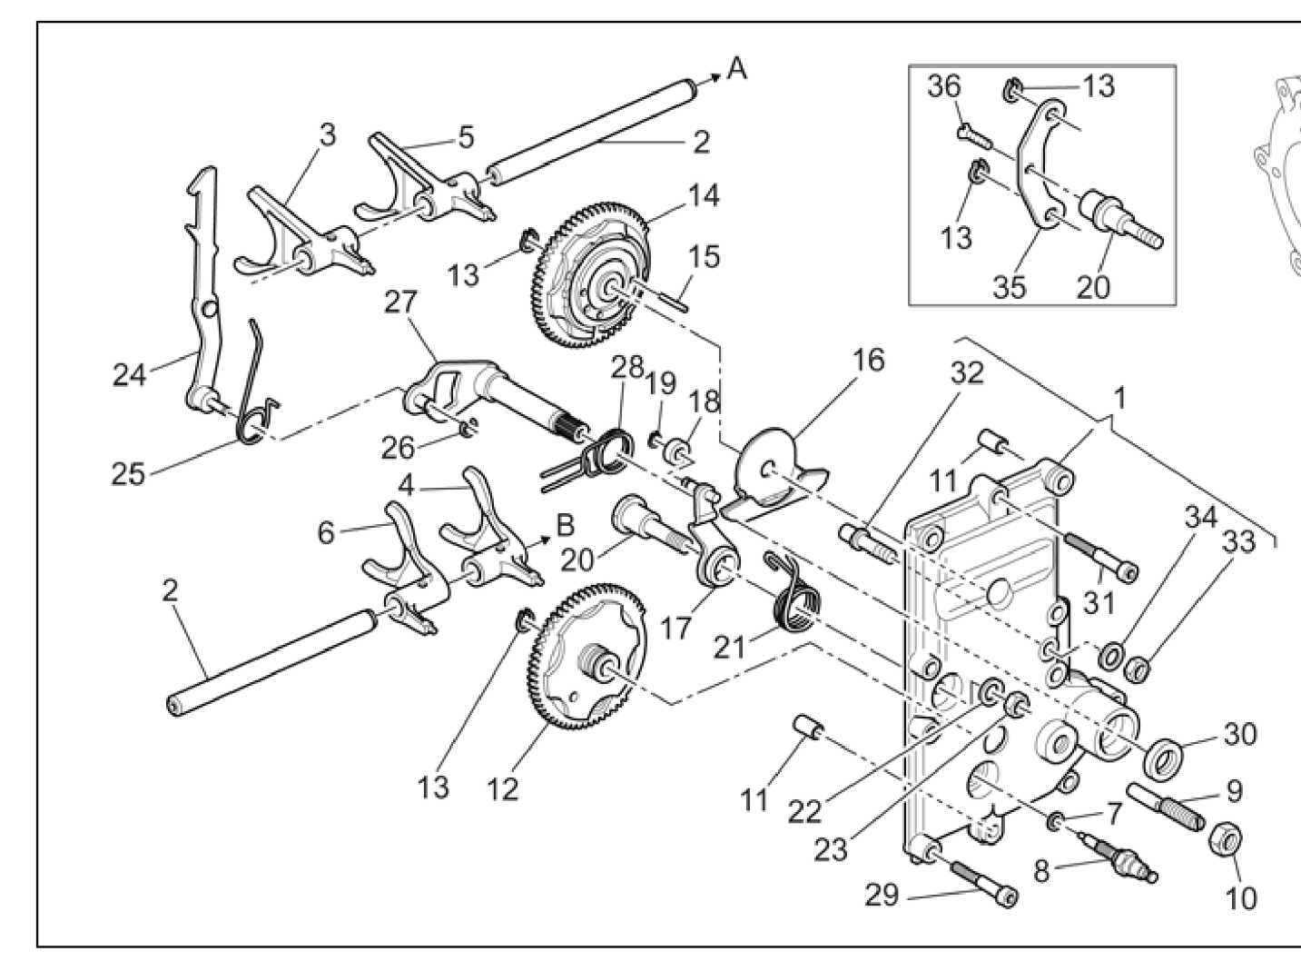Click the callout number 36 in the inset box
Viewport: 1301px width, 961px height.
(x=944, y=88)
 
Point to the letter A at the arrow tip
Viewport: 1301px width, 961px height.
(x=738, y=69)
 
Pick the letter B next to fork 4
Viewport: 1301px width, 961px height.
(x=565, y=525)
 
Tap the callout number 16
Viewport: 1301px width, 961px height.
(x=868, y=361)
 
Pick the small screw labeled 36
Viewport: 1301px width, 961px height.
(x=970, y=133)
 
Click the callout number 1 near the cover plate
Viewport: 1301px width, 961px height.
(x=1119, y=397)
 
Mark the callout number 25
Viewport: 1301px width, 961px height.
(x=128, y=472)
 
